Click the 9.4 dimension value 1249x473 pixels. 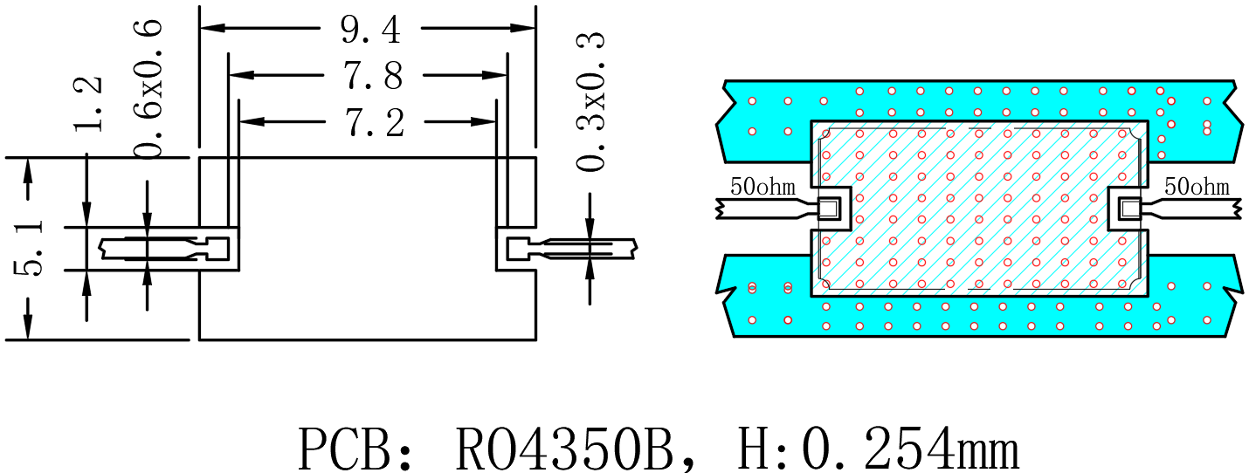click(x=370, y=30)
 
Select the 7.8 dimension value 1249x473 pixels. click(x=372, y=76)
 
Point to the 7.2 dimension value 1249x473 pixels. click(x=375, y=123)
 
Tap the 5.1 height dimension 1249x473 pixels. click(x=29, y=248)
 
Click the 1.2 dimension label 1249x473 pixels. click(x=88, y=104)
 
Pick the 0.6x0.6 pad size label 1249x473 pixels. click(x=148, y=89)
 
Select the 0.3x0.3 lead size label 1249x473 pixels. click(x=590, y=101)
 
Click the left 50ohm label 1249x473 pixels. click(x=763, y=187)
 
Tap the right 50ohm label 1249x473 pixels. click(x=1197, y=187)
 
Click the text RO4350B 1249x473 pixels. click(x=564, y=449)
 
